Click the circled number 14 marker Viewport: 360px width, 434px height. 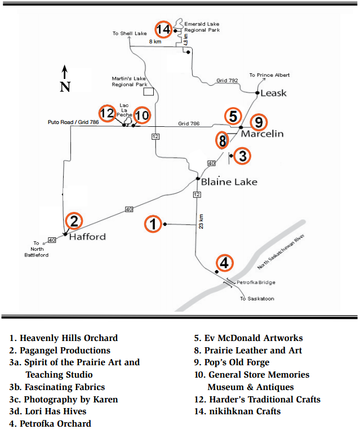click(163, 29)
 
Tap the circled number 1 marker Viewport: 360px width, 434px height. click(153, 224)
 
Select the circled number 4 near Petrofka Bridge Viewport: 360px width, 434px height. click(224, 263)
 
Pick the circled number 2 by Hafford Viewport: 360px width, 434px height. click(74, 221)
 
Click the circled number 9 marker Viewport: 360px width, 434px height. click(259, 122)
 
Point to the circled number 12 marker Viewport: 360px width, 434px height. click(108, 113)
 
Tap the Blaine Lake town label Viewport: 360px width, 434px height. click(229, 182)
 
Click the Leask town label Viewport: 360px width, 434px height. click(273, 93)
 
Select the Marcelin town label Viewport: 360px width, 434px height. click(263, 134)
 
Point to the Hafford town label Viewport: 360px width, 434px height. click(87, 237)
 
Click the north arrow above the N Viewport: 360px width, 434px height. click(64, 72)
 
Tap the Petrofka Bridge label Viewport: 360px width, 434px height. click(256, 282)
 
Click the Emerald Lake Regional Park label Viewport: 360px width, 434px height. click(202, 27)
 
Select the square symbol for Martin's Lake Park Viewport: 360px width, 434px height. click(149, 92)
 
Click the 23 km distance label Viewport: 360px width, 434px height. click(201, 221)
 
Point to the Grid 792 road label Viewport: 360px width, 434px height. click(227, 80)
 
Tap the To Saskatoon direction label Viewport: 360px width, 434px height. click(257, 299)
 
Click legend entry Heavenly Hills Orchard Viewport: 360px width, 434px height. click(64, 338)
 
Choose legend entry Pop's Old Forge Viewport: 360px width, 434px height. click(232, 362)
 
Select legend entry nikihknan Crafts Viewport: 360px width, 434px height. click(237, 411)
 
